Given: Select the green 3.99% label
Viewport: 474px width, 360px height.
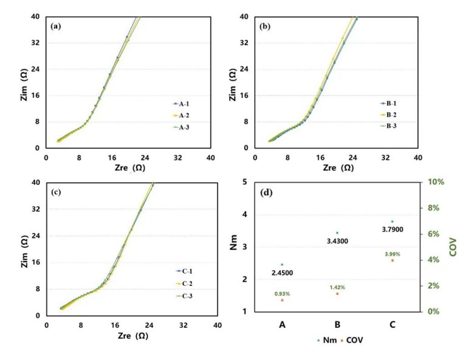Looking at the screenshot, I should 392,253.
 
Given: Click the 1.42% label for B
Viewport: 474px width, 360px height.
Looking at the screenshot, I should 338,287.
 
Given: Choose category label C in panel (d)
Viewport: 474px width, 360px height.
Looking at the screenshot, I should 393,325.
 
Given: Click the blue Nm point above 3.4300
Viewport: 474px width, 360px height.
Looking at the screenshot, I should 337,233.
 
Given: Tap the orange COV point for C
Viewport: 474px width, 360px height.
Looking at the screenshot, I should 393,260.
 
